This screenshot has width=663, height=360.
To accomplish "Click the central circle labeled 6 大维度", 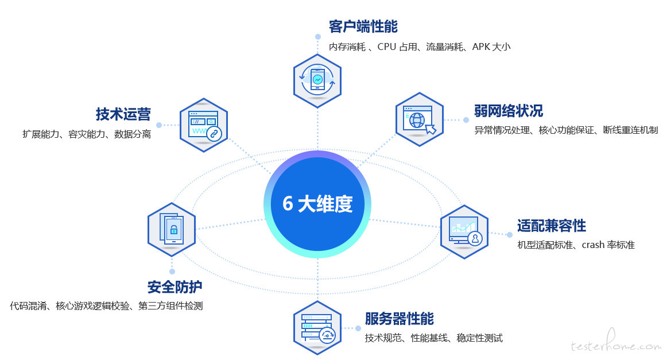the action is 317,204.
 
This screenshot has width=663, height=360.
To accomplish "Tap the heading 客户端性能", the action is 363,26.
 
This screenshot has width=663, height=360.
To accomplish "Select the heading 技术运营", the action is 123,114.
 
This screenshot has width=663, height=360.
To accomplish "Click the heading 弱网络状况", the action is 508,111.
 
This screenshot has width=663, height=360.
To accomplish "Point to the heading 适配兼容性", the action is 552,226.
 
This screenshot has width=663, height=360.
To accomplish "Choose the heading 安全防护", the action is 175,287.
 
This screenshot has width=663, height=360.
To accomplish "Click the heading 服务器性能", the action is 400,319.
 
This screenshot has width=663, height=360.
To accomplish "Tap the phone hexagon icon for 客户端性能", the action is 317,81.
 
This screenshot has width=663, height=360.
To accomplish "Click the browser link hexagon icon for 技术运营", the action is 204,125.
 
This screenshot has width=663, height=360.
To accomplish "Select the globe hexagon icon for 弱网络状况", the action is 420,120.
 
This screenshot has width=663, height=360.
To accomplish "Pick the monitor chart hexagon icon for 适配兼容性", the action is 464,232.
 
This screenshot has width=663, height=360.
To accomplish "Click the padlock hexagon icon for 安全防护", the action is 172,229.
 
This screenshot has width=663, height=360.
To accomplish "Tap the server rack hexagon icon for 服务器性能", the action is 317,328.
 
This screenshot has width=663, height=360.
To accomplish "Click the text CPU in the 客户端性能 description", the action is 386,47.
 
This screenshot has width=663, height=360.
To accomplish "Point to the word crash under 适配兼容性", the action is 593,245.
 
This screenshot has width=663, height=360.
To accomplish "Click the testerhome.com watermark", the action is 616,343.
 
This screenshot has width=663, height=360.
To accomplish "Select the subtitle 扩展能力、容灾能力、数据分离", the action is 87,134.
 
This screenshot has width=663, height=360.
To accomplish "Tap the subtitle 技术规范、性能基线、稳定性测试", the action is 434,338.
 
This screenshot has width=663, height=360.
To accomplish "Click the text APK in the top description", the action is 481,47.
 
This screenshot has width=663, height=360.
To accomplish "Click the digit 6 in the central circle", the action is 288,203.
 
